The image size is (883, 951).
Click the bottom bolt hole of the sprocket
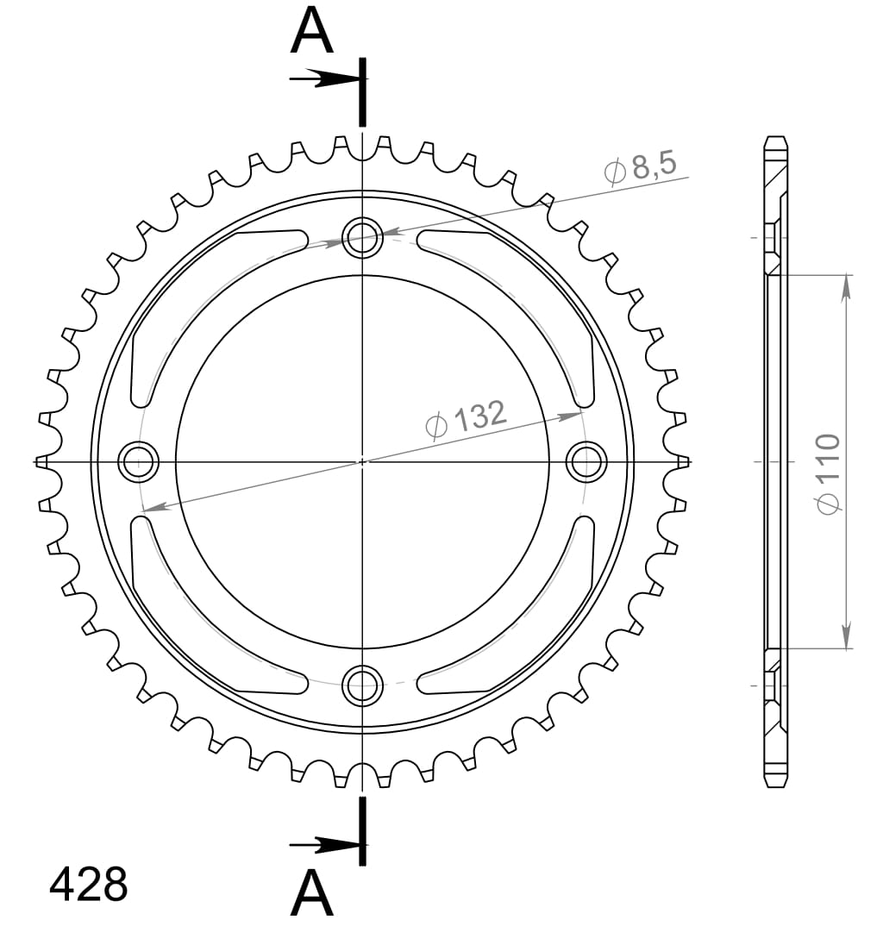tap(362, 686)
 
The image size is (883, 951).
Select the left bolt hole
tap(138, 461)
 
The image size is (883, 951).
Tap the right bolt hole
tap(587, 461)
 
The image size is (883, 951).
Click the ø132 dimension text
tap(467, 419)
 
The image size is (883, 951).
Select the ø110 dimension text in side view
tap(829, 474)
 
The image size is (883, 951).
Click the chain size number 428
tap(89, 884)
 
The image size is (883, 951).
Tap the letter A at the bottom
tap(311, 894)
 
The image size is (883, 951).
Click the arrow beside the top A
tap(321, 79)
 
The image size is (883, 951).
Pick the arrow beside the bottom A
tap(321, 844)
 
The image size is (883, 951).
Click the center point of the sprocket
tap(362, 461)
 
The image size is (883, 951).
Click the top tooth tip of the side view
tap(775, 140)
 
